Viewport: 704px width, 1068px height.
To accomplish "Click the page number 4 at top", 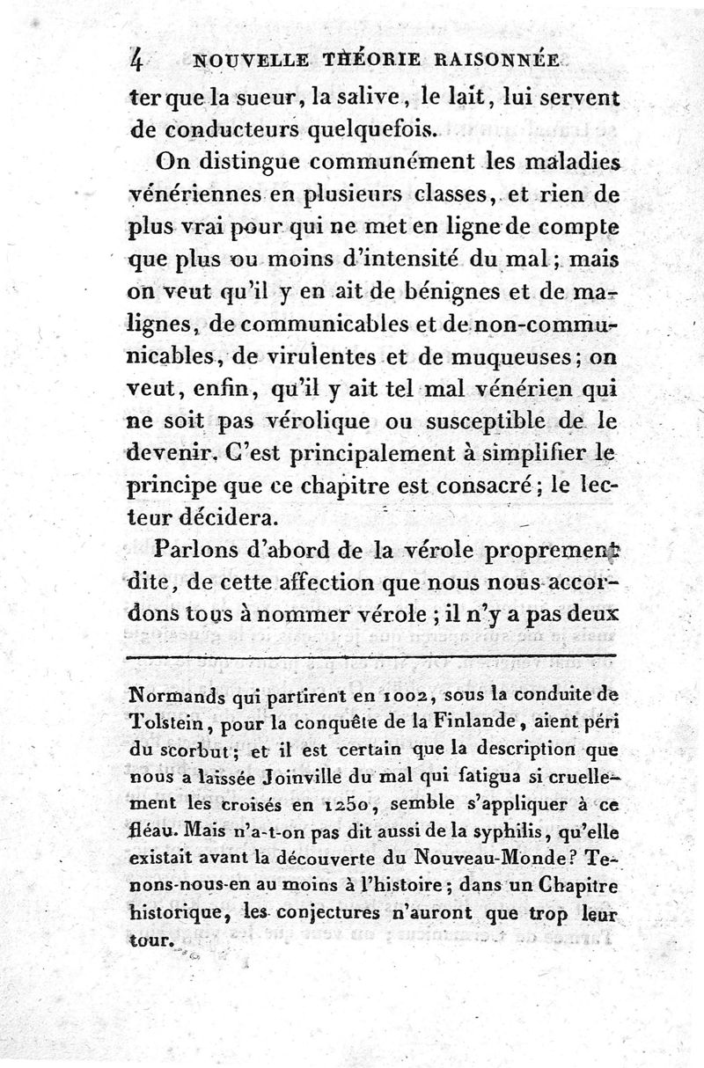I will coord(136,58).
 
